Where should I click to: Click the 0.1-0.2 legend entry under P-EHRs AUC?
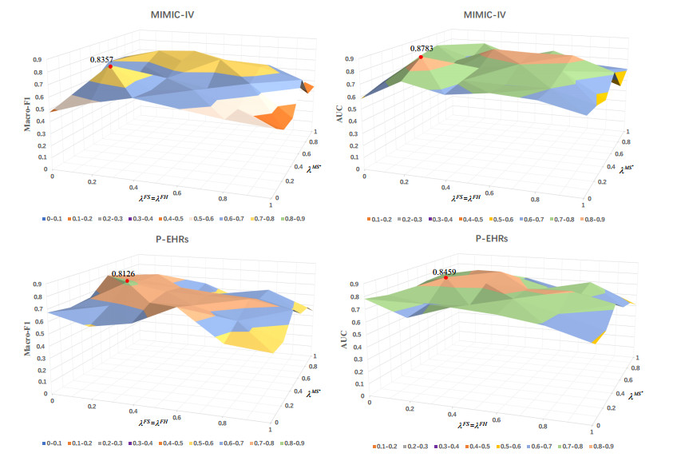[384, 446]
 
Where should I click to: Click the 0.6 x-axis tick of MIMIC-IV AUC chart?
[486, 193]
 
